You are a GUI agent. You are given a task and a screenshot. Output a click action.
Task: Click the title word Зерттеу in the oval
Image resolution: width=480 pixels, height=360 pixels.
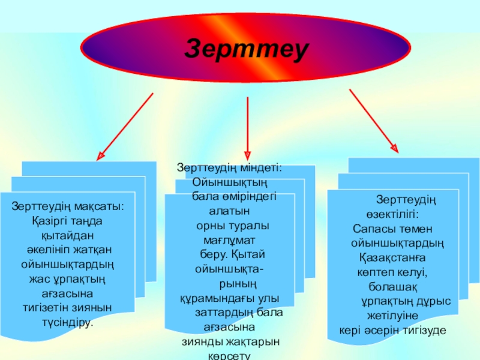tap(247, 49)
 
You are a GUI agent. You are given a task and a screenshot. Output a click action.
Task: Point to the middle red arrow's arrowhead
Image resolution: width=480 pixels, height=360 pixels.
tap(248, 155)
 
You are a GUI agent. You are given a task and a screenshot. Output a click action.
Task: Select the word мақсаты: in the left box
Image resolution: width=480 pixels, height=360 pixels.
tap(97, 207)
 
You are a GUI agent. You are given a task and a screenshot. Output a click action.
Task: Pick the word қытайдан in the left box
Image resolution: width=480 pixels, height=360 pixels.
tap(68, 235)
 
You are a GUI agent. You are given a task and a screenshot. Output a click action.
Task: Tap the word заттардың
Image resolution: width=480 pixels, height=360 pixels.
tap(220, 313)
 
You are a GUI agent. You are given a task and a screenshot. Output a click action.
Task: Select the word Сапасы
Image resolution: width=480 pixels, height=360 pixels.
tap(371, 229)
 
